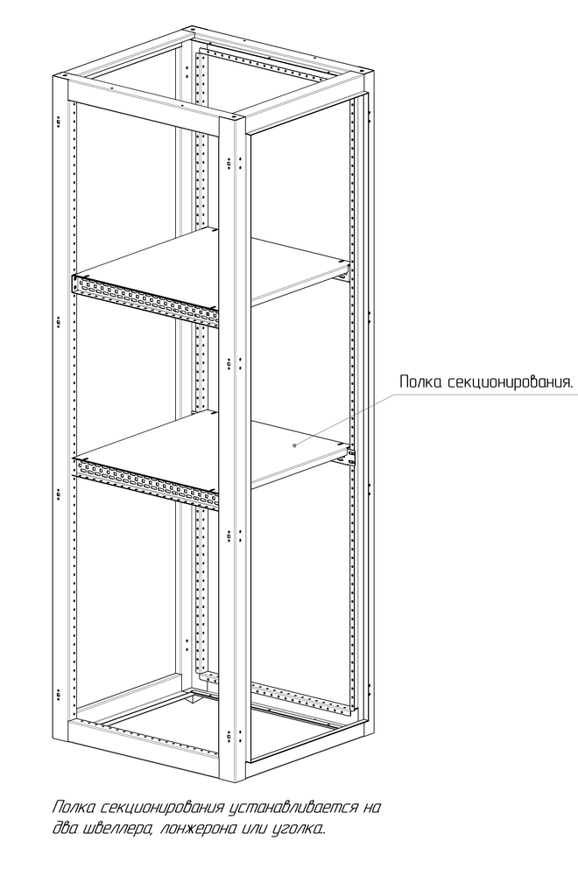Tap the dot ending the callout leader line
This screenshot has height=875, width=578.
point(294,444)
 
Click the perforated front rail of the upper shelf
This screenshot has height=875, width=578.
point(145,301)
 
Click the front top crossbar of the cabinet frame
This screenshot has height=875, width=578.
point(143,108)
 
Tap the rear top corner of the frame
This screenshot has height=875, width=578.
point(193,30)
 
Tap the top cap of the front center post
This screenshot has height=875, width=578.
point(233,119)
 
